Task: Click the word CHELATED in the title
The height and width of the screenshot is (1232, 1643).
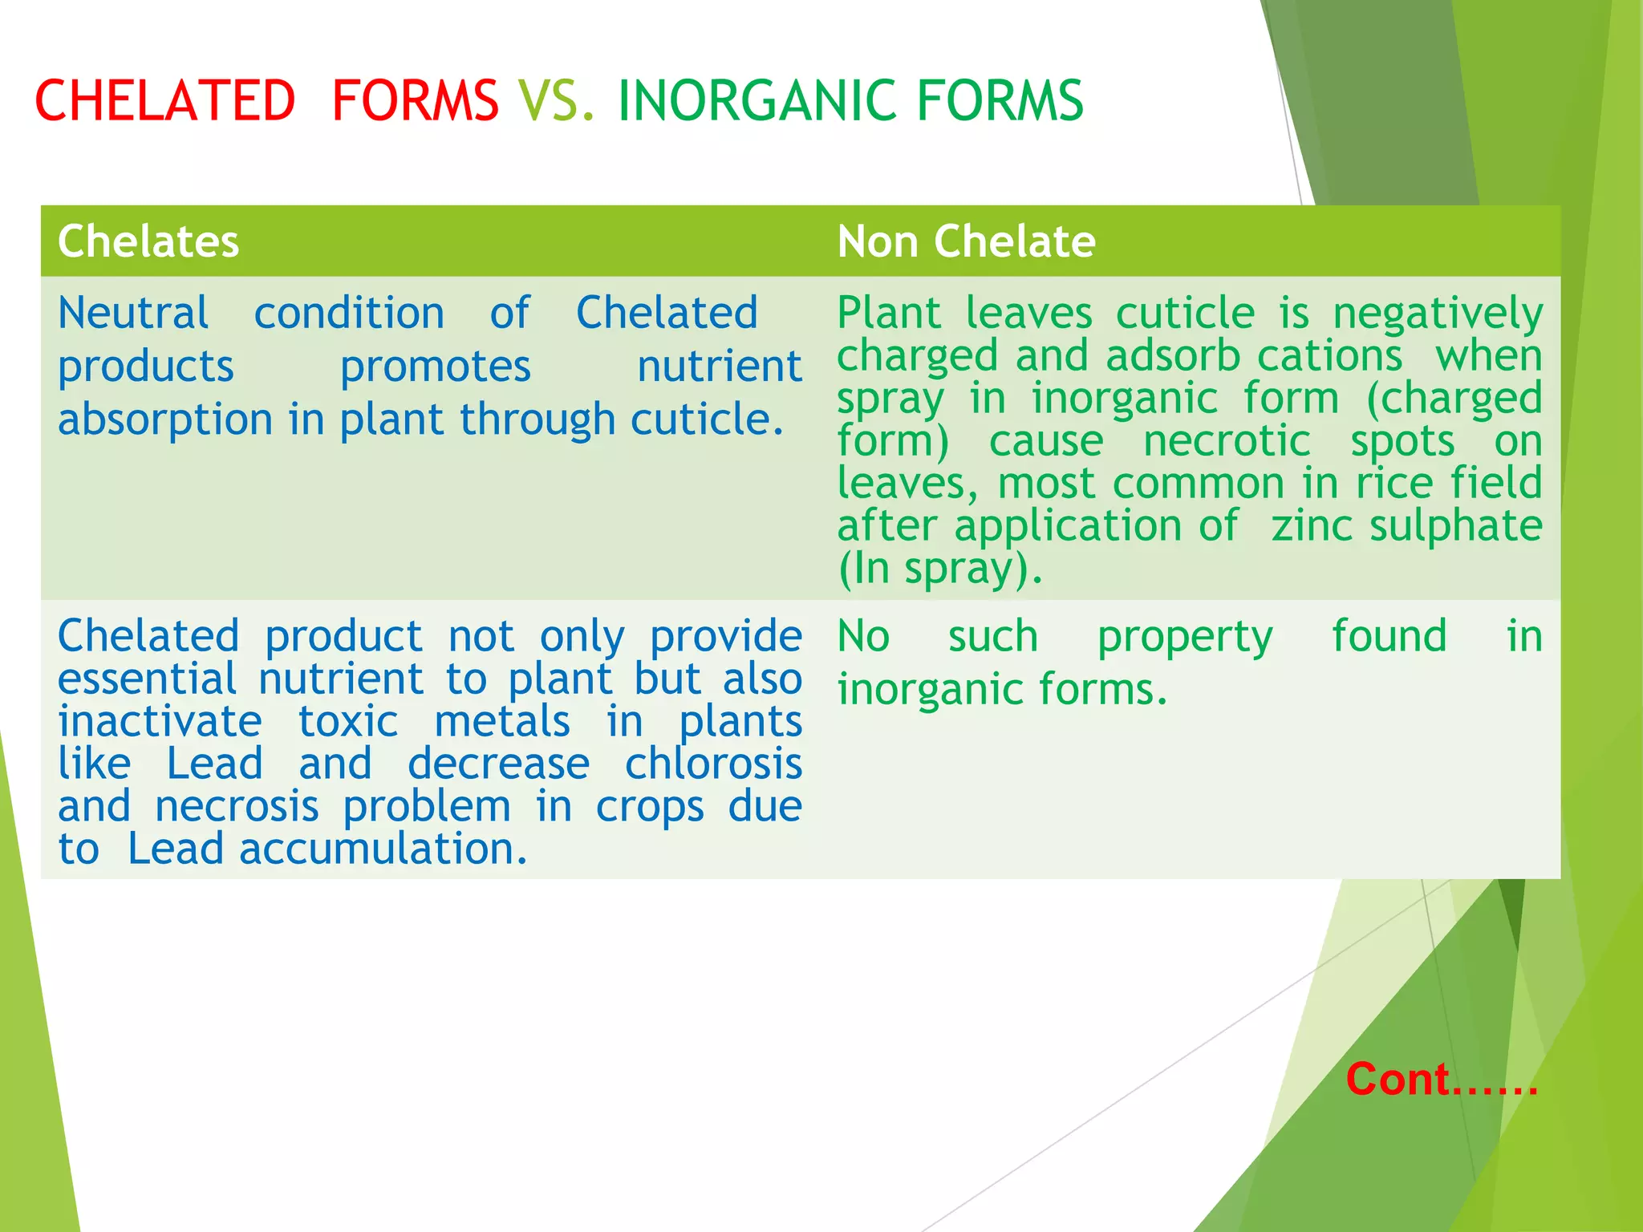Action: (165, 101)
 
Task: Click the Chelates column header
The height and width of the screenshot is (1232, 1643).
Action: (148, 241)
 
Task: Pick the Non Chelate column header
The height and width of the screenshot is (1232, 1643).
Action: (966, 241)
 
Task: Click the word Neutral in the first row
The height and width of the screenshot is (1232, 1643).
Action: (133, 313)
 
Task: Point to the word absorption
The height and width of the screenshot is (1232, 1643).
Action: (165, 420)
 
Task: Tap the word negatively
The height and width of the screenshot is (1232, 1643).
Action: (1438, 314)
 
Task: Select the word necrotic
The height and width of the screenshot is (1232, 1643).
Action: (1227, 441)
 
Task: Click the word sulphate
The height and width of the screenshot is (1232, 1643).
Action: (1455, 527)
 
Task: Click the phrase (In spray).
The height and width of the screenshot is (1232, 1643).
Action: (939, 569)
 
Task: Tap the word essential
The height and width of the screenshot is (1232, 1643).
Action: (147, 679)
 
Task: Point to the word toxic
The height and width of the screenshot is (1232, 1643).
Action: (348, 722)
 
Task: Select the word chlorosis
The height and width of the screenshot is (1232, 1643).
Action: (713, 764)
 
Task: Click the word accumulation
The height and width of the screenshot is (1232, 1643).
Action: (383, 849)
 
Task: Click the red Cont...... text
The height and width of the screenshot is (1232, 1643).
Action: (1442, 1080)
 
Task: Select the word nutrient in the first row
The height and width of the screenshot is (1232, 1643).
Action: (719, 367)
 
